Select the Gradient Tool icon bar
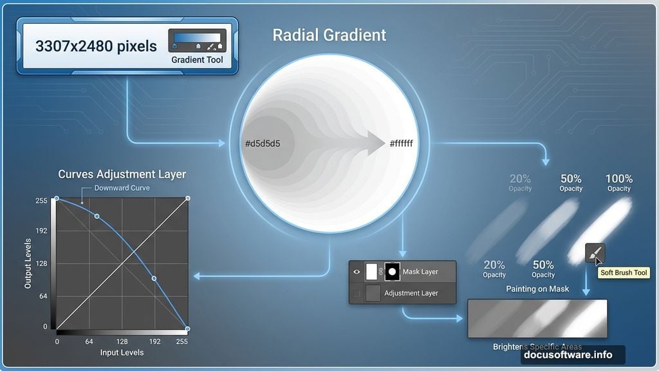[197, 41]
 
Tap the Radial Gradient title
[329, 35]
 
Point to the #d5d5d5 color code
[262, 143]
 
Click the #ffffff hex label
[401, 143]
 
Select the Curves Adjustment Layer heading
[122, 174]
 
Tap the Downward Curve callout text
[122, 188]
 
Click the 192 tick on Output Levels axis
[41, 231]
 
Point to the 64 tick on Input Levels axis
[89, 341]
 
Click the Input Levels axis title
[122, 352]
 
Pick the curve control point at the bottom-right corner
[187, 328]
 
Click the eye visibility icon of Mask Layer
[357, 272]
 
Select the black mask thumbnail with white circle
[391, 271]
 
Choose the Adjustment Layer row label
[411, 293]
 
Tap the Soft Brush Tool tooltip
[624, 273]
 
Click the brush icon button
[595, 252]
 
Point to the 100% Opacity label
[619, 183]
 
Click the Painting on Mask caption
[537, 289]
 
